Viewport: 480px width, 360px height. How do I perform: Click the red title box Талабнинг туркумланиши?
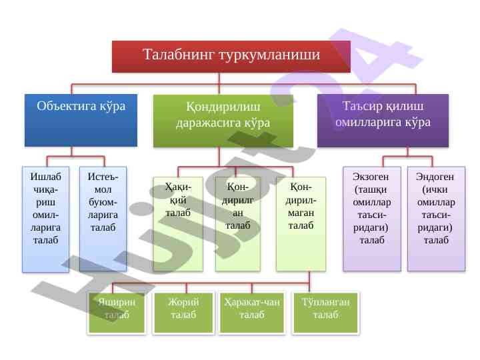(231, 56)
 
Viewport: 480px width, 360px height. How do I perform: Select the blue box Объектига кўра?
(81, 119)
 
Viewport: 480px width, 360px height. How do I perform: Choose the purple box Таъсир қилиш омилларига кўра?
(383, 119)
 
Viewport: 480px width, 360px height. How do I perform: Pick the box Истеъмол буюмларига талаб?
(103, 219)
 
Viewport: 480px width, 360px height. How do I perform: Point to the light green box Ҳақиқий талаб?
(178, 223)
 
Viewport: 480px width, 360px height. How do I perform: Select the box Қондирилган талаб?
(237, 223)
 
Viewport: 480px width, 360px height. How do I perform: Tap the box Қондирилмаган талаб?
(301, 223)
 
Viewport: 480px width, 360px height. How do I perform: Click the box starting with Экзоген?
(372, 219)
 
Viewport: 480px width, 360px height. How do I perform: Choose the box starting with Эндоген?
(435, 219)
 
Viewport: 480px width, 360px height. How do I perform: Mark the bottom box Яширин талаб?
(117, 313)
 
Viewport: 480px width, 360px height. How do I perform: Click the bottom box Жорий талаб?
(183, 313)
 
